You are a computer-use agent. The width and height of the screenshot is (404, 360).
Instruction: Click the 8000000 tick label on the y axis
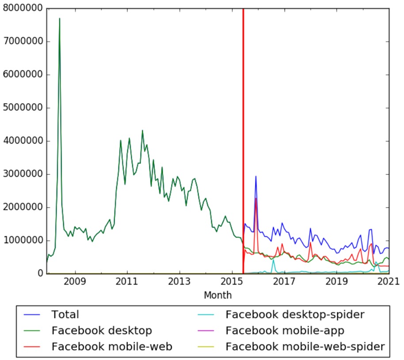point(23,8)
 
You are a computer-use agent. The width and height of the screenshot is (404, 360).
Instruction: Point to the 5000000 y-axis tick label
point(23,108)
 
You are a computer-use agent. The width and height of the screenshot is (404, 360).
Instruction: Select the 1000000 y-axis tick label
point(23,241)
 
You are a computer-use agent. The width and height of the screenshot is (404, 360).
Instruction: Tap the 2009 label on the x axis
point(75,282)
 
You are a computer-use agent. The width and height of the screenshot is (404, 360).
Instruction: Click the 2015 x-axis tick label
point(232,282)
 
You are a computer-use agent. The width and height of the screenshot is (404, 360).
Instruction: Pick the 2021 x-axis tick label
point(389,282)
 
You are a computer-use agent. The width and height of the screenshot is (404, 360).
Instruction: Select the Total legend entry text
point(65,315)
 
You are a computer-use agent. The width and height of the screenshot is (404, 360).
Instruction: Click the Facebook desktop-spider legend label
point(295,315)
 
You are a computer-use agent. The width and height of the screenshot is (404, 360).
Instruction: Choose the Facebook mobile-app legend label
point(285,330)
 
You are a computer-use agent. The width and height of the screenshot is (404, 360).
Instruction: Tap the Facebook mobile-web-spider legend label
point(305,346)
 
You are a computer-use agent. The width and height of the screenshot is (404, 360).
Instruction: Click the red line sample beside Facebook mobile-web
point(33,347)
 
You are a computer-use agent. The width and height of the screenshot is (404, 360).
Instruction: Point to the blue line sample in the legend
point(33,315)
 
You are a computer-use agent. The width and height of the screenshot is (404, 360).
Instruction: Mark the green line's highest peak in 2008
point(60,19)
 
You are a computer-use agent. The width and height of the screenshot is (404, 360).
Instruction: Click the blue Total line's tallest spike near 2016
point(255,176)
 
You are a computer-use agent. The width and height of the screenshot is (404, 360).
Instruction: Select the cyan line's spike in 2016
point(273,260)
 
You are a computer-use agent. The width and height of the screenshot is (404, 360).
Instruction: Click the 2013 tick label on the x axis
point(179,282)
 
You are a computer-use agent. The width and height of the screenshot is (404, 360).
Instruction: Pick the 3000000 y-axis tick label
point(23,174)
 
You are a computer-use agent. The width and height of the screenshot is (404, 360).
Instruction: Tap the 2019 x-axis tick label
point(336,282)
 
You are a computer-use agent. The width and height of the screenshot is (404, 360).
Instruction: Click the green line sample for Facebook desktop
point(33,331)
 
